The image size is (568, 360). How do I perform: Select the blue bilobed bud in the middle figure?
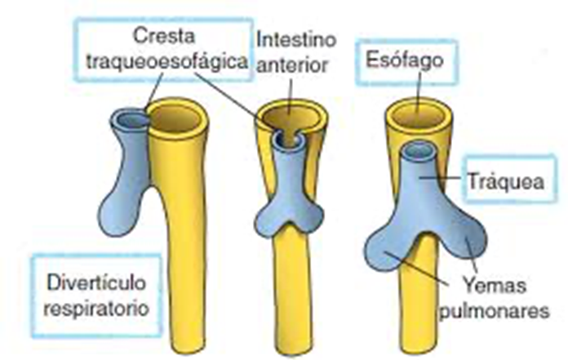pyautogui.click(x=289, y=214)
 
